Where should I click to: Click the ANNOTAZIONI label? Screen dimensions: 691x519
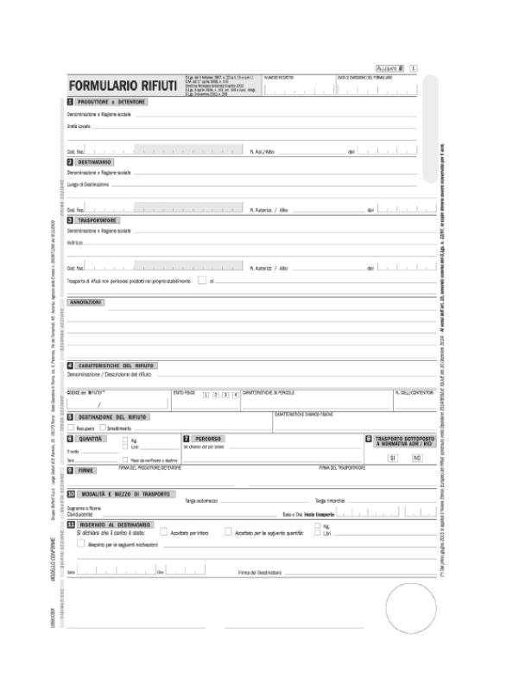[85, 302]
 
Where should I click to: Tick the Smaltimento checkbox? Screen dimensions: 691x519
[102, 428]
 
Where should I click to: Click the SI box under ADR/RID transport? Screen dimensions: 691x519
[393, 457]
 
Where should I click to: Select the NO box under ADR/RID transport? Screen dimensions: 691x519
[416, 457]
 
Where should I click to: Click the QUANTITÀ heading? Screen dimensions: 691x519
[92, 439]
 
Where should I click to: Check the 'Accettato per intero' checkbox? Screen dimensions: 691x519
[164, 532]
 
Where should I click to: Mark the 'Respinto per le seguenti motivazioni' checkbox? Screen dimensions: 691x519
[81, 543]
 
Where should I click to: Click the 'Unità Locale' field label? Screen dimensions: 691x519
[79, 126]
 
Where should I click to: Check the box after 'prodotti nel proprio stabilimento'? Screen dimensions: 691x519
[201, 280]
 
